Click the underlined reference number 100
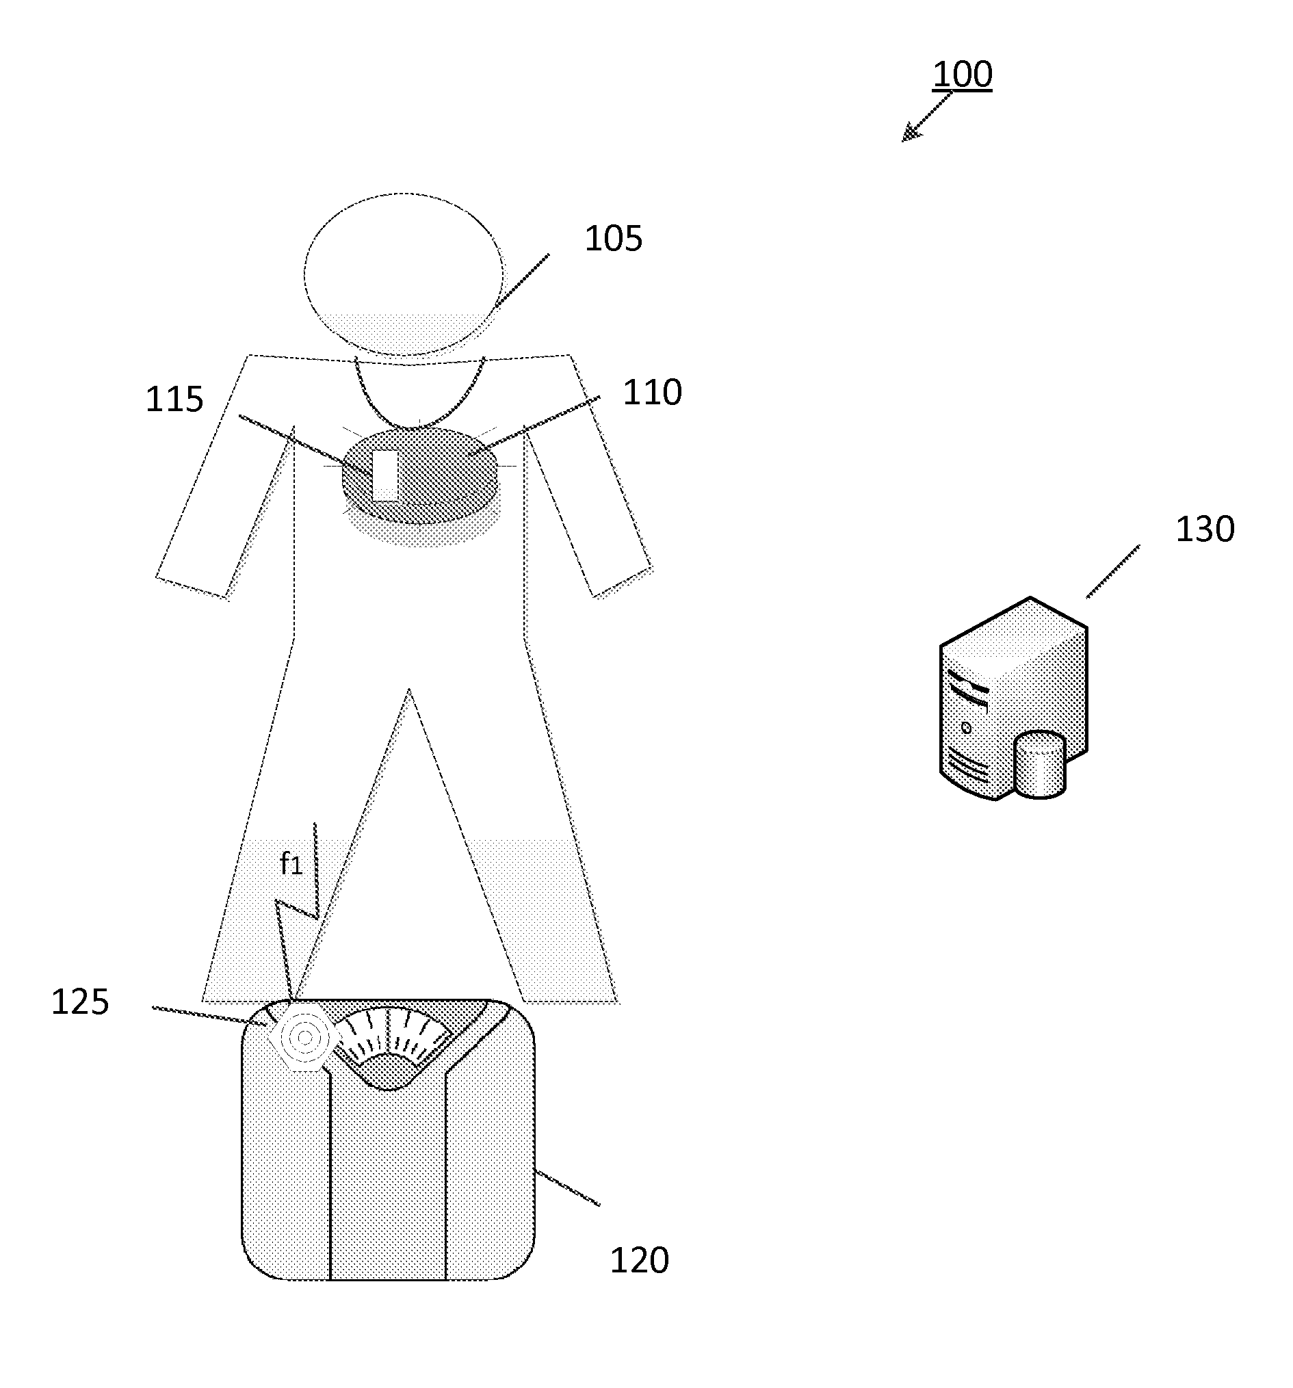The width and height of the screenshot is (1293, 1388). [961, 74]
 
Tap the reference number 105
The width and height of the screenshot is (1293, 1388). [612, 239]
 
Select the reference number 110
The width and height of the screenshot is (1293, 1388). [651, 393]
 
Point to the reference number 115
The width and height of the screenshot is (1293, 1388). [174, 400]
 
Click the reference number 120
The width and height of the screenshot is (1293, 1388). [639, 1261]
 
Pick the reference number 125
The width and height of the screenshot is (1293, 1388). [79, 1003]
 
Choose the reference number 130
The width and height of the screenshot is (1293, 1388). [1204, 529]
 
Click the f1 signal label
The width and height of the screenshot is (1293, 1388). [291, 865]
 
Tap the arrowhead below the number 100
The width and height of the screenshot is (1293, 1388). [909, 134]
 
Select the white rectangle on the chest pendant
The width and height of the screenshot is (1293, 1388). [384, 475]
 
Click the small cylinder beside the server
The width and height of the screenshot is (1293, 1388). [1039, 764]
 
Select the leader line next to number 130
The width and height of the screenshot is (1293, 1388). [1112, 572]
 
